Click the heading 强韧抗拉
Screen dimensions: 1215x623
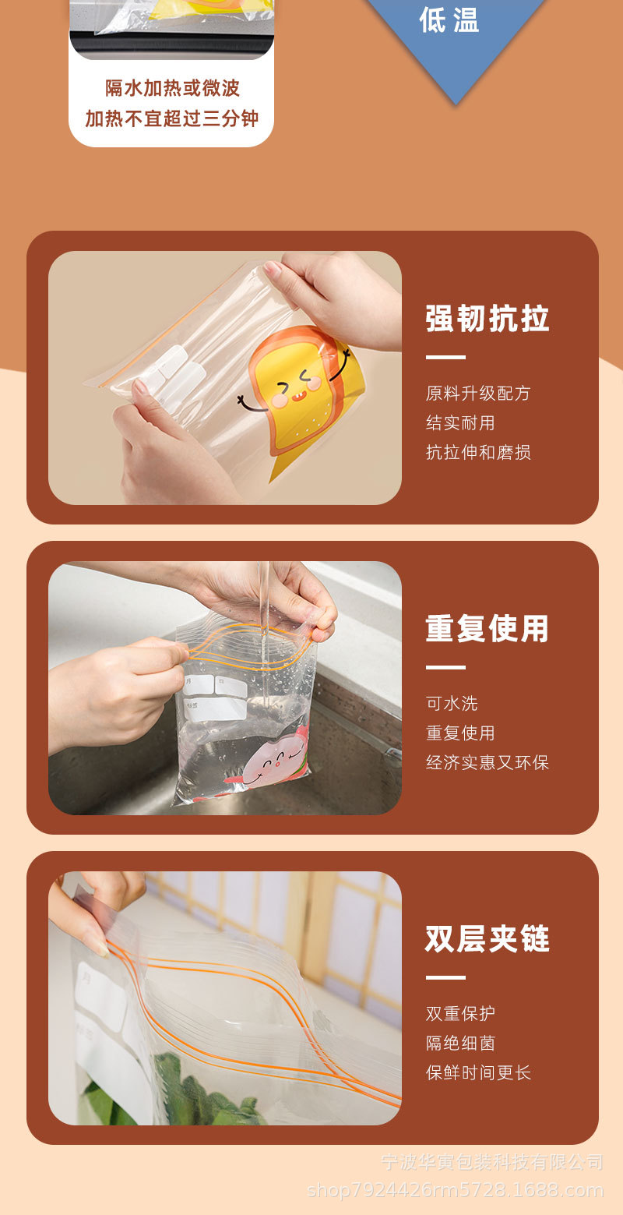click(487, 320)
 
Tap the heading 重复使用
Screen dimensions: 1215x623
click(487, 629)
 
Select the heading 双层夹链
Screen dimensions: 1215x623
click(487, 939)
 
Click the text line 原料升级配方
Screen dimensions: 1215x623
click(478, 394)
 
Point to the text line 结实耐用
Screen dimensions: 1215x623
click(460, 423)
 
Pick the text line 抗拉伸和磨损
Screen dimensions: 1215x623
click(478, 453)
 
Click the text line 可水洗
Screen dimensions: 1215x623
click(452, 704)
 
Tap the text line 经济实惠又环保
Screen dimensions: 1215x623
click(487, 763)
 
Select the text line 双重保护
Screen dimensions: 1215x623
click(460, 1014)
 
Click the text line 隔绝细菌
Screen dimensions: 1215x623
click(460, 1044)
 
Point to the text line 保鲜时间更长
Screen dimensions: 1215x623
click(478, 1073)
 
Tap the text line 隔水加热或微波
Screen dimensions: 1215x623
click(172, 89)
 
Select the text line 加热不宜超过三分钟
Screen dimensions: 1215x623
click(172, 118)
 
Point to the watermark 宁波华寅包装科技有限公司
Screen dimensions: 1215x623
click(492, 1162)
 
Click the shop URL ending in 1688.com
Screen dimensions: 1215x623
click(456, 1190)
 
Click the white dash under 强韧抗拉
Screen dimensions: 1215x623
click(445, 358)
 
